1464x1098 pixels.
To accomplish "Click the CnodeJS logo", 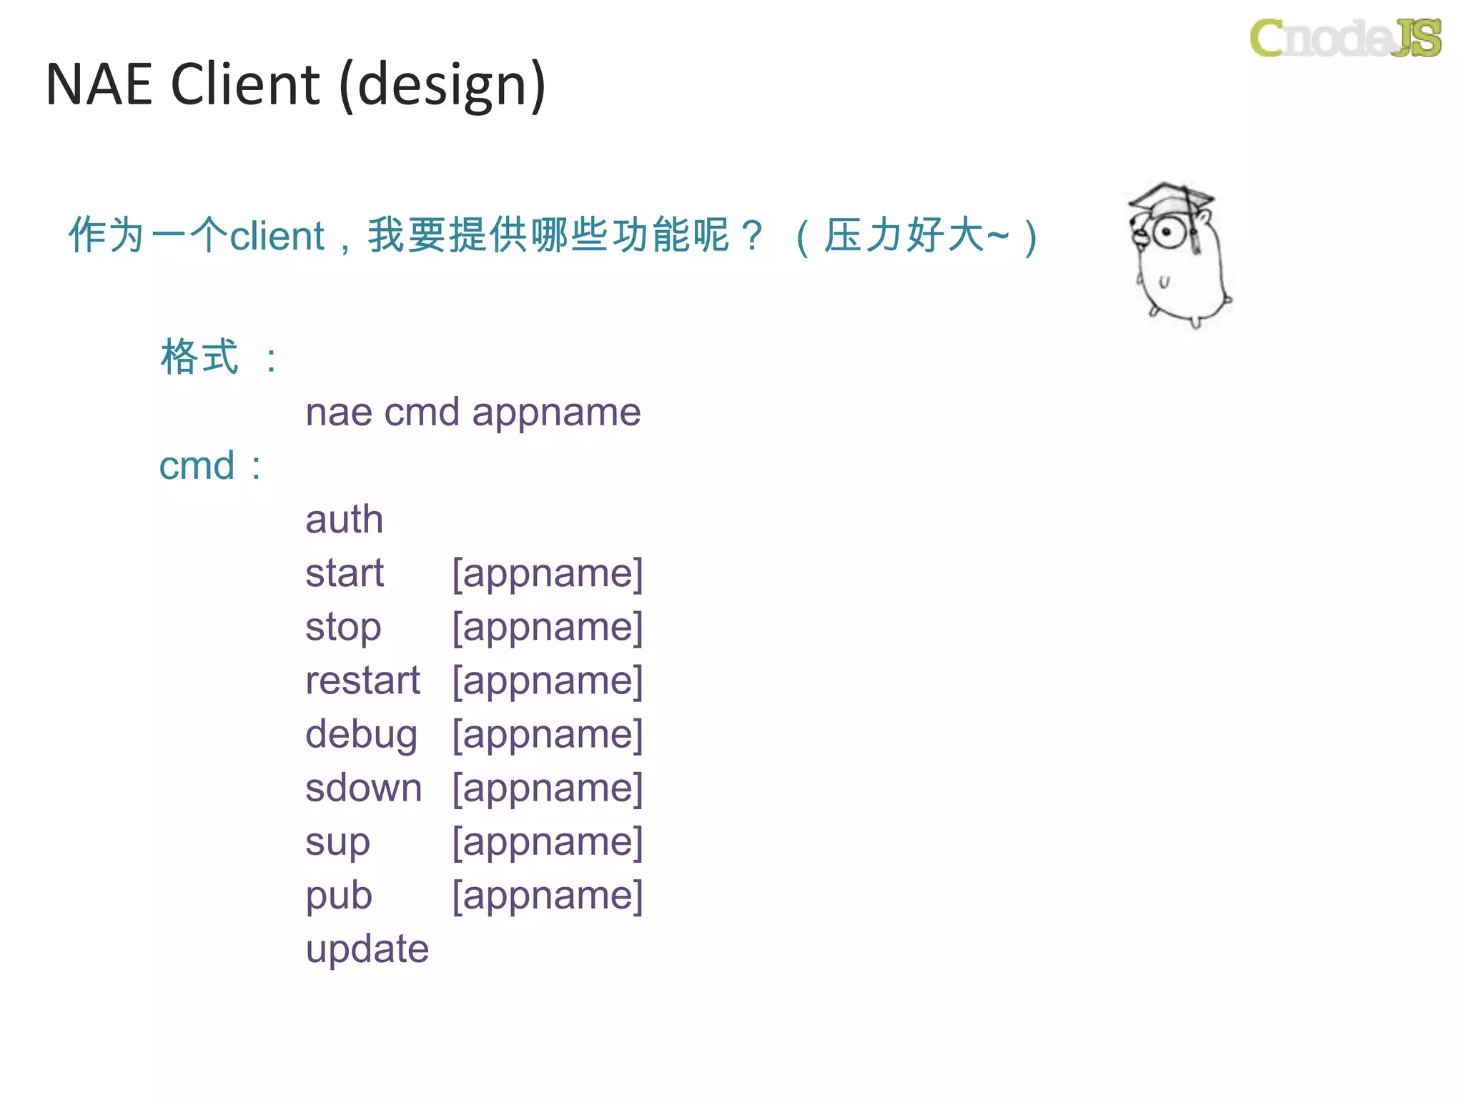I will (1345, 38).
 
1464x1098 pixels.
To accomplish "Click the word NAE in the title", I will (99, 84).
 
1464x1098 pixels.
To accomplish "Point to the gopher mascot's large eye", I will (1168, 232).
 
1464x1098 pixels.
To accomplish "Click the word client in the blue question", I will (277, 236).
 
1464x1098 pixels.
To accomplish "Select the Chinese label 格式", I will (199, 357).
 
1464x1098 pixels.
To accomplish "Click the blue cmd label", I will (197, 466).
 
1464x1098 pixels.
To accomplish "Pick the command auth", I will (344, 519).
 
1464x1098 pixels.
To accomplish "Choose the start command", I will (344, 573).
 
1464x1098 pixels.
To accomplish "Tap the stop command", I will (343, 628).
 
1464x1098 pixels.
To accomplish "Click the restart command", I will (362, 681).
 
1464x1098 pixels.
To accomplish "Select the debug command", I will (361, 735).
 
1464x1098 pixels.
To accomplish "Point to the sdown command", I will (363, 788).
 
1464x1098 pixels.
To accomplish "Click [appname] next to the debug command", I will (548, 735).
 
